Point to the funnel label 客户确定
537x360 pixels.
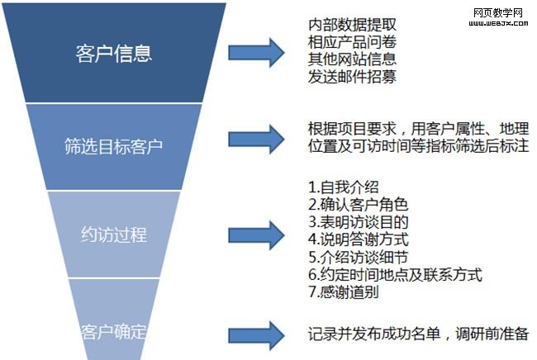pyautogui.click(x=114, y=333)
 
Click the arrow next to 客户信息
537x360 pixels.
pyautogui.click(x=257, y=54)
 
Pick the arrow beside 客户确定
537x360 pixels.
pyautogui.click(x=257, y=334)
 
